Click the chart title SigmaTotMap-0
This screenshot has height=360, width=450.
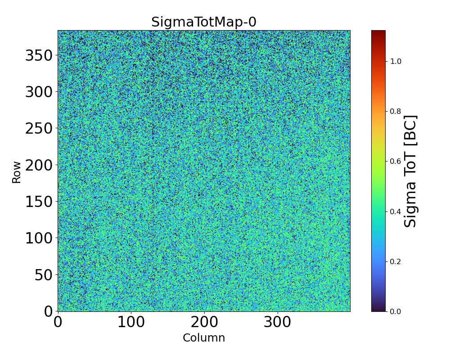pos(203,22)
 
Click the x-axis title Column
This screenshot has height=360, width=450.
pos(203,338)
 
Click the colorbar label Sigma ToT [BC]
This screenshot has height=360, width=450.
pos(410,171)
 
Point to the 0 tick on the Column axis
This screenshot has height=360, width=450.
pos(58,322)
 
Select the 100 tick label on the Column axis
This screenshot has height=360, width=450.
pos(131,322)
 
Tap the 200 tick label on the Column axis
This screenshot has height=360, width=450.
pos(204,322)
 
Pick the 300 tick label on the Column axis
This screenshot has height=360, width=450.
pos(278,322)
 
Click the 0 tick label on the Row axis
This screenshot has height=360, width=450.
pos(48,311)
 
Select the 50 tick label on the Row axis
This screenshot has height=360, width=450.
pos(44,274)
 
